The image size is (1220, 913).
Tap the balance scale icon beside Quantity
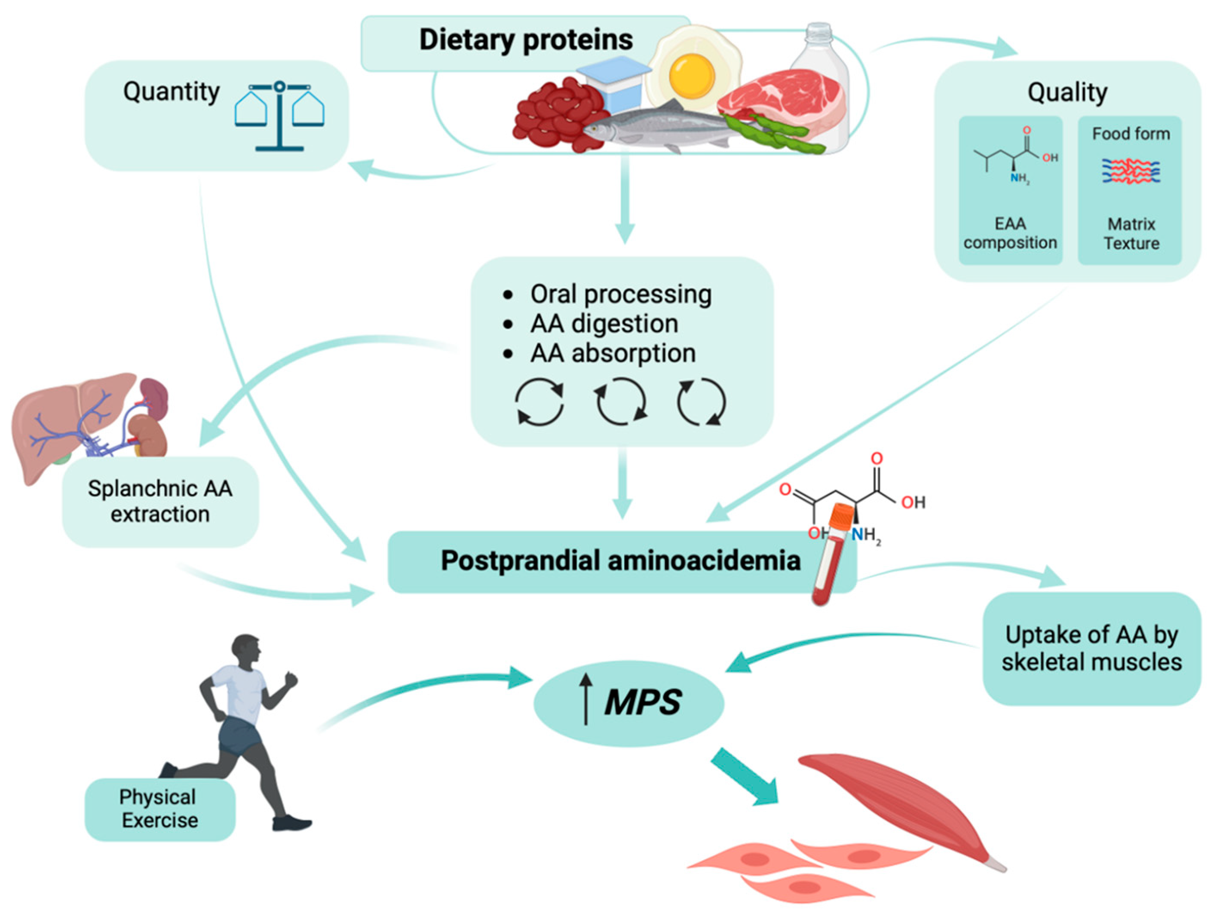pyautogui.click(x=279, y=116)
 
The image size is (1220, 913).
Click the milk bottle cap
pyautogui.click(x=818, y=31)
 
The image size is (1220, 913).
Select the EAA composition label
pyautogui.click(x=1010, y=233)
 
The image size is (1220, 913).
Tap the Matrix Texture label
pyautogui.click(x=1131, y=233)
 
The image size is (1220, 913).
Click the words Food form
pyautogui.click(x=1131, y=134)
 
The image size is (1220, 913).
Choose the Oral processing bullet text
pyautogui.click(x=620, y=294)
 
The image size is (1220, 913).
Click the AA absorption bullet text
pyautogui.click(x=612, y=353)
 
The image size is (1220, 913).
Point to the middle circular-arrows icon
pyautogui.click(x=620, y=401)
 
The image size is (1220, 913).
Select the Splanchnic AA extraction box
pyautogui.click(x=160, y=501)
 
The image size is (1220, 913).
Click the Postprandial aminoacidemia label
pyautogui.click(x=620, y=561)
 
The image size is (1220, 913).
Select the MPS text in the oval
pyautogui.click(x=643, y=702)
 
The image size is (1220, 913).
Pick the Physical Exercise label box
pyautogui.click(x=159, y=809)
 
